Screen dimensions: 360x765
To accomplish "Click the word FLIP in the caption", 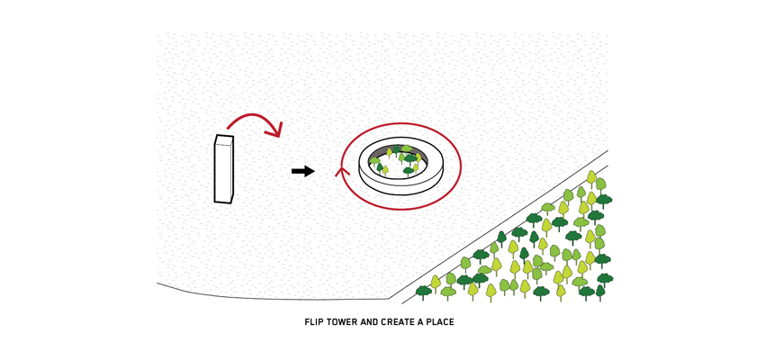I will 313,322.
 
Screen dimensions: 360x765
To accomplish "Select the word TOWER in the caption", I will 342,322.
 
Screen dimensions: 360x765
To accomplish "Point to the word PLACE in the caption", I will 439,322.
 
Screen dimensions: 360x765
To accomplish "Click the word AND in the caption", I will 369,322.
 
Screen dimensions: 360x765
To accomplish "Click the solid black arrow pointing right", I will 303,171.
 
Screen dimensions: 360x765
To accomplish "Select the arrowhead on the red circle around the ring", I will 342,170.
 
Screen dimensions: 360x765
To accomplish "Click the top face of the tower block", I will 224,140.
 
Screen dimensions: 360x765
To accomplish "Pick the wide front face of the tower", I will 222,174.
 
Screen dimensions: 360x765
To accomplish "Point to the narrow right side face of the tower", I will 232,171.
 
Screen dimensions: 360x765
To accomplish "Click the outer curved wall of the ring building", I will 400,185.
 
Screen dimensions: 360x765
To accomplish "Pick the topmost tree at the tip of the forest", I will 591,177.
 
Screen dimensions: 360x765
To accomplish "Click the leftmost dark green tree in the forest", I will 423,292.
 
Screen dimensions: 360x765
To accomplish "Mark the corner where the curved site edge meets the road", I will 389,299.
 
